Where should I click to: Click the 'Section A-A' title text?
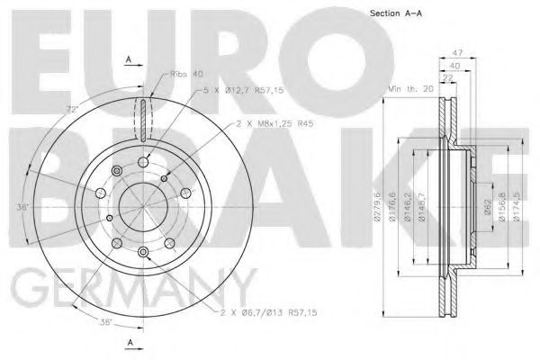397,12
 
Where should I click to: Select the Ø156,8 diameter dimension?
499,215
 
